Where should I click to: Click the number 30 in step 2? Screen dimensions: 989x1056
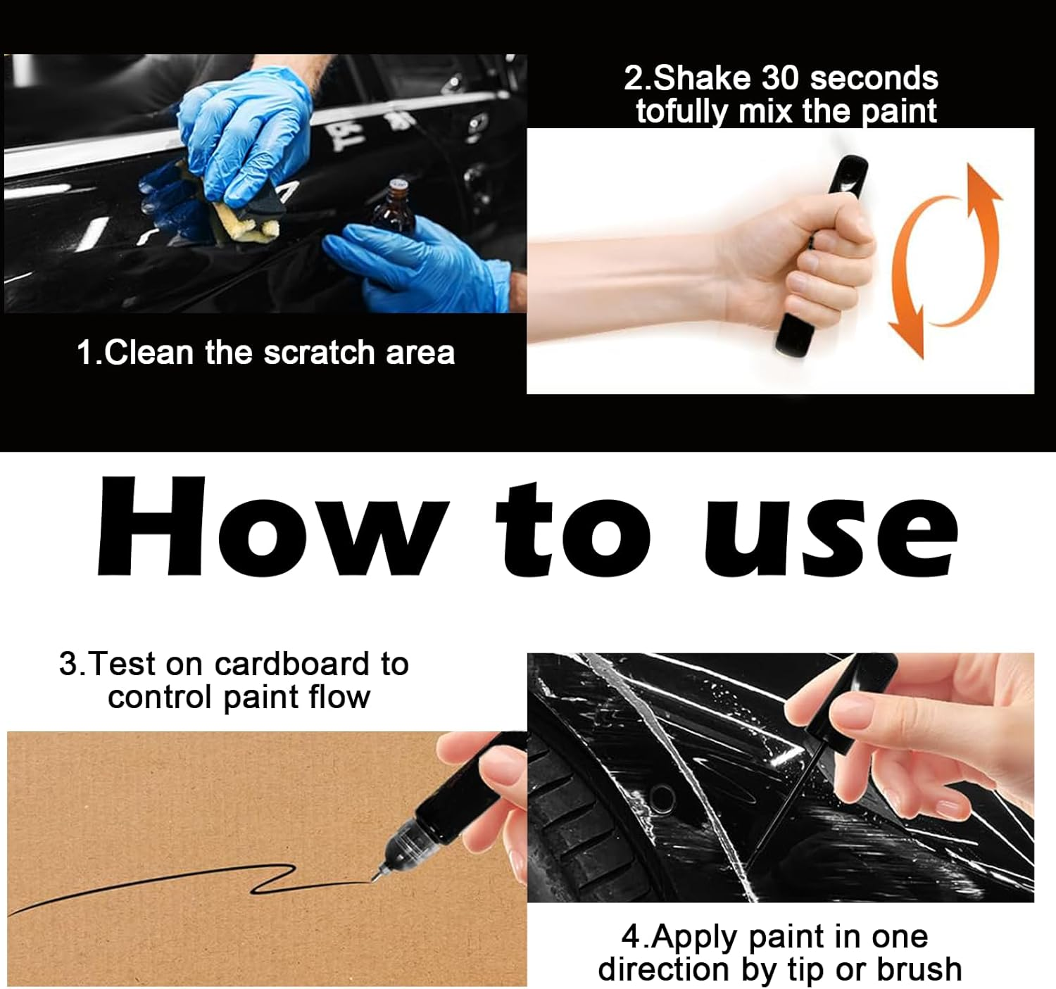781,77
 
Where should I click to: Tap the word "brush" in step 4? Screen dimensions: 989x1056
919,969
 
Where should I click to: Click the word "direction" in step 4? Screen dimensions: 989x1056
665,969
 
